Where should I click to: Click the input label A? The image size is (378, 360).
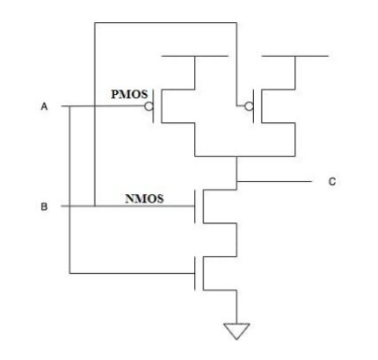(x=44, y=106)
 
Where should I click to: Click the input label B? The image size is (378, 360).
(x=44, y=206)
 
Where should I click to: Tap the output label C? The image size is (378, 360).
(x=331, y=182)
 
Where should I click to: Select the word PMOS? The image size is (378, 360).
(x=129, y=94)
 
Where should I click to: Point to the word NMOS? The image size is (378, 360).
(x=144, y=198)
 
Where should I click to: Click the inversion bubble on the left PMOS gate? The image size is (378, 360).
(x=149, y=106)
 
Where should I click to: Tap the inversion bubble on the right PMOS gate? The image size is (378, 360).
(x=249, y=106)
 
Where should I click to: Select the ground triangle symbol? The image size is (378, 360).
(x=236, y=331)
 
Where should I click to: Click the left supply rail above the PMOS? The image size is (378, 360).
(x=195, y=56)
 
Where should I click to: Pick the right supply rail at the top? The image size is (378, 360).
(x=294, y=56)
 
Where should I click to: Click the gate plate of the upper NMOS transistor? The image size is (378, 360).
(x=195, y=206)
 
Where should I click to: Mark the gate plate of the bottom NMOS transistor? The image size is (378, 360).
(x=195, y=273)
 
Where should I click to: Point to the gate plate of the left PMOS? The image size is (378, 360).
(x=153, y=106)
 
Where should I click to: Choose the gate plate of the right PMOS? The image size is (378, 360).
(x=254, y=106)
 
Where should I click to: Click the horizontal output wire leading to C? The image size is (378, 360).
(x=274, y=181)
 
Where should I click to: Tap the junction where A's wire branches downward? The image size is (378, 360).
(x=69, y=106)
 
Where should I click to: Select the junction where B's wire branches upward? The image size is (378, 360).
(x=95, y=206)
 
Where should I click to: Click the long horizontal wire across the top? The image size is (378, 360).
(x=165, y=23)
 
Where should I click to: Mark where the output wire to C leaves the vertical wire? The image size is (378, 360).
(x=236, y=181)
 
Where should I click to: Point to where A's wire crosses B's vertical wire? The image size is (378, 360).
(x=95, y=106)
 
